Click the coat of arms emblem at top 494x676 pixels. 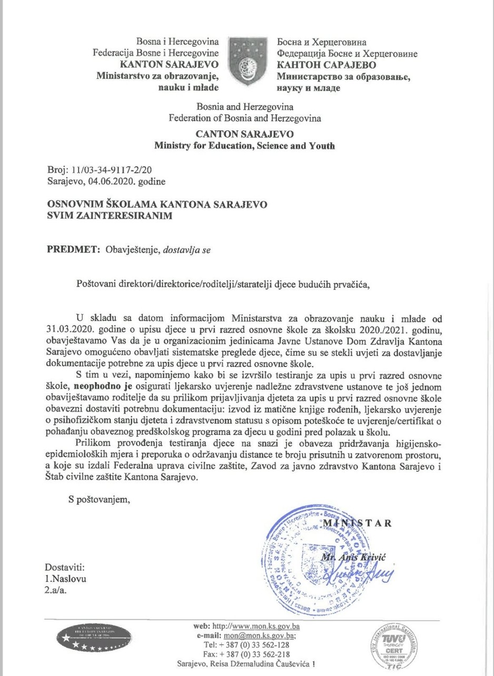click(247, 62)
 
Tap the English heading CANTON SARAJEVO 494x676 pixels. click(244, 134)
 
